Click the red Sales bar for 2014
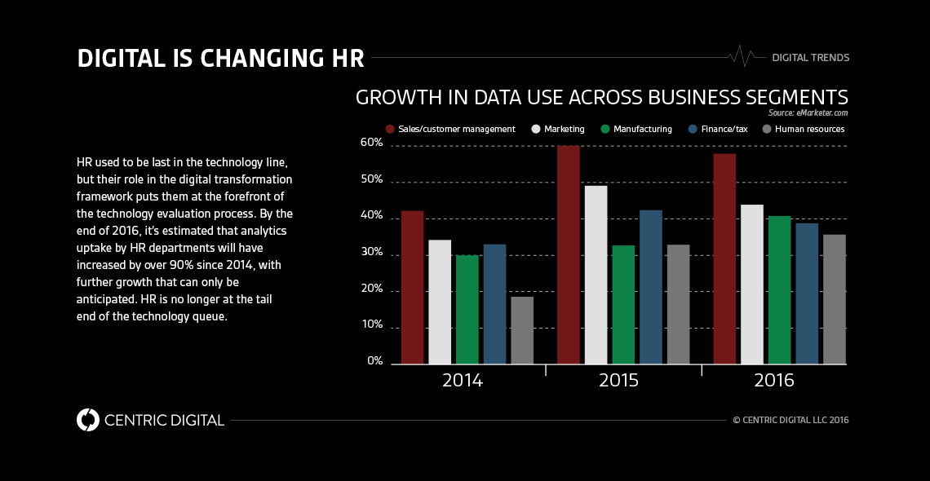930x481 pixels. pos(412,287)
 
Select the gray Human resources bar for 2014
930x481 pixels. pos(522,330)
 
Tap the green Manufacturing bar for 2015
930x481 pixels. pos(623,304)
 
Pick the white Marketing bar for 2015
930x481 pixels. pos(596,275)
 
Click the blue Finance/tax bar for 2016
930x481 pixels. pos(807,293)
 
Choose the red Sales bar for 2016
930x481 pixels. pos(724,258)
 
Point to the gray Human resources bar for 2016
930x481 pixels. pos(834,299)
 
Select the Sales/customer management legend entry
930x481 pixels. pos(450,129)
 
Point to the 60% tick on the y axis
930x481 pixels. pos(372,143)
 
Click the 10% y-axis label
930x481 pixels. pos(372,324)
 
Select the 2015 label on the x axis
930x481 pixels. pos(619,381)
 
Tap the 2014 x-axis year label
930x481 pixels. pos(463,381)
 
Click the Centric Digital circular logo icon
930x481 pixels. pos(87,420)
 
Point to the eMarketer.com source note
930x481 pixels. pos(808,113)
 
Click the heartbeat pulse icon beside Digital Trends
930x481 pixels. pos(742,57)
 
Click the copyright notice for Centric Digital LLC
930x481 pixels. pos(790,421)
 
